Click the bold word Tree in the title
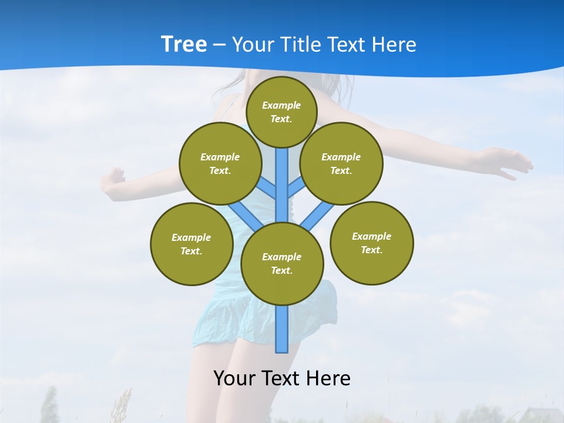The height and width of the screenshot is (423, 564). coord(184,44)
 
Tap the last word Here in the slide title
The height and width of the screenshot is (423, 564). coord(394,44)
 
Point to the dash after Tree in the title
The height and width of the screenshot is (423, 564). coord(219,45)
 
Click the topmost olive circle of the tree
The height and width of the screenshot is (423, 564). coord(281,112)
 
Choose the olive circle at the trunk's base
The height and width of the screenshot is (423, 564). coord(282,263)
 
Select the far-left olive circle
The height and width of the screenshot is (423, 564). coord(192,244)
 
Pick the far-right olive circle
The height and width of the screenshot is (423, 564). coord(371,243)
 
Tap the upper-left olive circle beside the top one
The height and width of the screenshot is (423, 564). coord(220,163)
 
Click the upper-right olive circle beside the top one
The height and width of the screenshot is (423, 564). coord(341,163)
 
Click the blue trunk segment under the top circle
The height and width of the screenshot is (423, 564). coord(282,176)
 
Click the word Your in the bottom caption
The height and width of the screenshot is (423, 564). coord(234,378)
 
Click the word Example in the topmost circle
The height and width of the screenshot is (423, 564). coord(281,105)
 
